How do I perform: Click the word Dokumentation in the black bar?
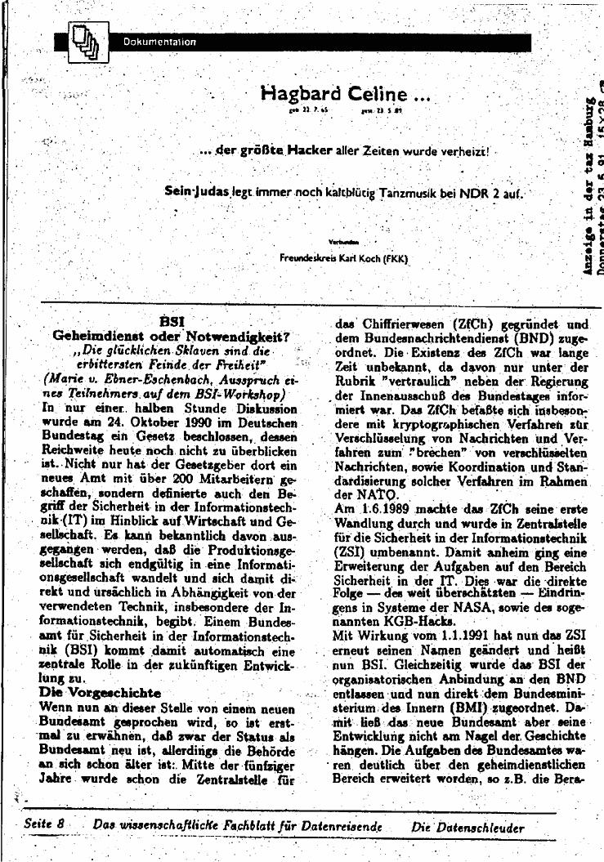(160, 42)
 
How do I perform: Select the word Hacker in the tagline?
(309, 150)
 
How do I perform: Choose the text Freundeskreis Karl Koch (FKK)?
(343, 259)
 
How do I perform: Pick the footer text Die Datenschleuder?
(468, 827)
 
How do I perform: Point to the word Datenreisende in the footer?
(342, 826)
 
